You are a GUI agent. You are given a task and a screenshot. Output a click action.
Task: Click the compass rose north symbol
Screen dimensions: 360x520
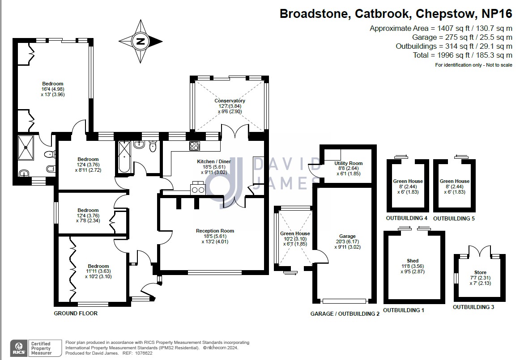141,42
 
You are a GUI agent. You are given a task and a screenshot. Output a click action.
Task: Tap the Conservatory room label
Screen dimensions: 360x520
230,101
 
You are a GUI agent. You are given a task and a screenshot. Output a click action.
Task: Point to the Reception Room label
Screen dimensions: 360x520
215,231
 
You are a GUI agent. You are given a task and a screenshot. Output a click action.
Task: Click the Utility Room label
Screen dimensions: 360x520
348,163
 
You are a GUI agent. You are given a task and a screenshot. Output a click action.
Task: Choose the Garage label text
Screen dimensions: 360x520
347,236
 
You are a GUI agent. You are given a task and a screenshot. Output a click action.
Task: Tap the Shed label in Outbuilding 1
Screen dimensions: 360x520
413,261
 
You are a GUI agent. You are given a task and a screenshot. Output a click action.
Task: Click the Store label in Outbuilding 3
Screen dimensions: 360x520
480,272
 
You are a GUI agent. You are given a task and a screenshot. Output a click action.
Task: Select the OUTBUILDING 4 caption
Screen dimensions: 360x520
406,219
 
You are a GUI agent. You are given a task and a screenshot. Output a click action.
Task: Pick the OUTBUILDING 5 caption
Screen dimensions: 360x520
453,219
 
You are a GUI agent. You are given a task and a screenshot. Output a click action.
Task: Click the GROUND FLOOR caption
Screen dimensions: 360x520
76,313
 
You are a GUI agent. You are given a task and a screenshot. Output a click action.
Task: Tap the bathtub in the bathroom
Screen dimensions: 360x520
123,157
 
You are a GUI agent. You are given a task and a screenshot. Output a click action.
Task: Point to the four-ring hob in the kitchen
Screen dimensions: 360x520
195,146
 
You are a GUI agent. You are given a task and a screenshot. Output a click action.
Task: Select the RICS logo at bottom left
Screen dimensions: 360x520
18,347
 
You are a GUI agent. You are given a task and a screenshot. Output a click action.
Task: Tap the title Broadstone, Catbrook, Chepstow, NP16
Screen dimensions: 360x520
396,13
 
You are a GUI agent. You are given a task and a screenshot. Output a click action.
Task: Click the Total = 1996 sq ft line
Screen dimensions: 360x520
462,55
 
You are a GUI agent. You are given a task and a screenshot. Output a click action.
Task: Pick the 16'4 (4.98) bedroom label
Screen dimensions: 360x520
53,89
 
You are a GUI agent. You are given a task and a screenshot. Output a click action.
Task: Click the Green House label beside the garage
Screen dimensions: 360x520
295,233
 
